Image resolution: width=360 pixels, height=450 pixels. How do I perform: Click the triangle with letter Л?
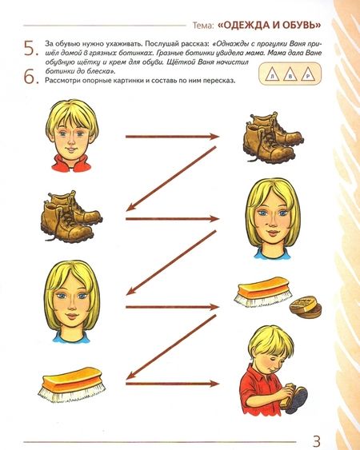click(271, 74)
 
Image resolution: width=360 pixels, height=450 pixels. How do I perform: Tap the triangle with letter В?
click(290, 74)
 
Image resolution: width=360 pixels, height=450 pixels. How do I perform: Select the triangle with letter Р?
click(308, 74)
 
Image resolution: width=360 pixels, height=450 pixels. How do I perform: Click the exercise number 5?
click(30, 49)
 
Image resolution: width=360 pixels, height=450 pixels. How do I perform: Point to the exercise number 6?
click(30, 77)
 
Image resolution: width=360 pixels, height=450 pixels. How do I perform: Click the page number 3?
click(316, 440)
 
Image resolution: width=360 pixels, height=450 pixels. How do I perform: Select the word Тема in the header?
click(203, 26)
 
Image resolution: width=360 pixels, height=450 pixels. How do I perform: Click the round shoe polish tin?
click(306, 306)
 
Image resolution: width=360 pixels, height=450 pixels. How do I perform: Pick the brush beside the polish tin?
click(263, 290)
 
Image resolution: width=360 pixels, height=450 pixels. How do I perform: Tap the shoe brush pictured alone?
click(71, 384)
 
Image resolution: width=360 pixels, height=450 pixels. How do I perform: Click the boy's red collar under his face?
click(71, 164)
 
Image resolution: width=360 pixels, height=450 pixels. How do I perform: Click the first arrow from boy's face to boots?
click(172, 137)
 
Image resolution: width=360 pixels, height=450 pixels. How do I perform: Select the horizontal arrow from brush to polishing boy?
click(172, 384)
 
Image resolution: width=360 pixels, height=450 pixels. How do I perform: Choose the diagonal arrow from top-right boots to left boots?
click(171, 179)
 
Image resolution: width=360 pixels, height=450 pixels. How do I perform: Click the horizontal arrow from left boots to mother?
click(172, 219)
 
